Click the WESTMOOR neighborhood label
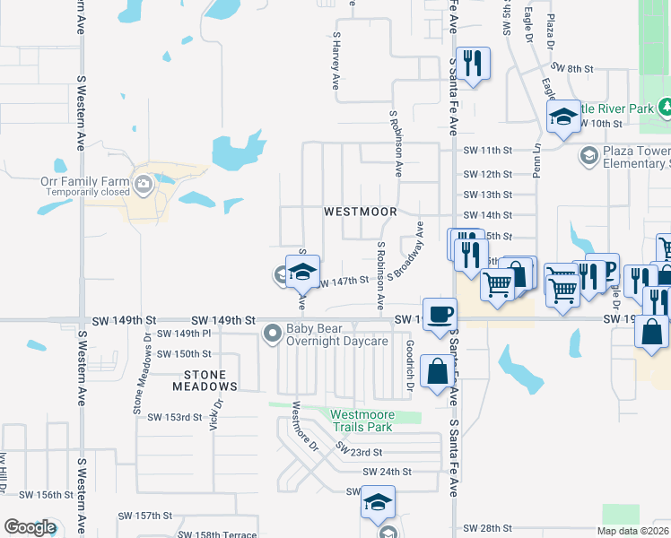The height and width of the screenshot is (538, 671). pos(360,212)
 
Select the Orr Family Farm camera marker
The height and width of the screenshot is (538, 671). pos(144,185)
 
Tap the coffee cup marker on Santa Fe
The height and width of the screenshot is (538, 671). pos(439,315)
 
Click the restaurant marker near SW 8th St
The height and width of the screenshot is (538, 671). pos(473,64)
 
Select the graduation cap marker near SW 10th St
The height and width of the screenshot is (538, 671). pos(563,117)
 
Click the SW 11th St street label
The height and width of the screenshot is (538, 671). pos(488,151)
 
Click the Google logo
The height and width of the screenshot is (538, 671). pos(30,527)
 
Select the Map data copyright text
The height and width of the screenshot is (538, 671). pos(632,531)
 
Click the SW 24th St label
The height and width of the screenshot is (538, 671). pos(387,472)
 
